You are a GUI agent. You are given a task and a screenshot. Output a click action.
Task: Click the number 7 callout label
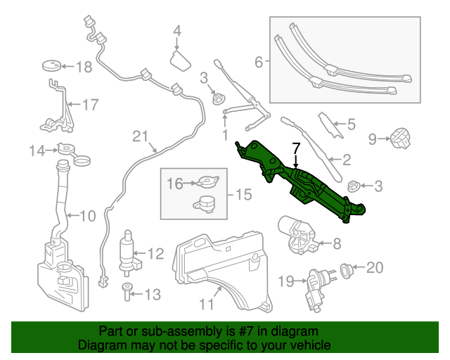[x=296, y=148]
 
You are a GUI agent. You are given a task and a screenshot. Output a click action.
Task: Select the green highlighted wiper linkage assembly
[x=302, y=184]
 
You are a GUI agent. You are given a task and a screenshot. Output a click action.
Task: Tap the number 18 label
[x=84, y=67]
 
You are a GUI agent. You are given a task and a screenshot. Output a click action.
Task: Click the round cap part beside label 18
[x=51, y=66]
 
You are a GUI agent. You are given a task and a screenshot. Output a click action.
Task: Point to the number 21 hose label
[x=141, y=136]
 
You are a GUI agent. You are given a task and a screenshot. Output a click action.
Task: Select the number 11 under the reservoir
[x=205, y=304]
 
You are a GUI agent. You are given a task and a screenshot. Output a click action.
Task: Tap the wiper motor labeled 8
[x=299, y=235]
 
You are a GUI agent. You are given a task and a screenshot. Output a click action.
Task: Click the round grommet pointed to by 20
[x=347, y=268]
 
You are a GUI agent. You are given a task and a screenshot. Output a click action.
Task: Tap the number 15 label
[x=242, y=193]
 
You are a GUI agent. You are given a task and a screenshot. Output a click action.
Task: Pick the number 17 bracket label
[x=91, y=105]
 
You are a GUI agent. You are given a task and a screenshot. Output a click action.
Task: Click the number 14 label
[x=37, y=150]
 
